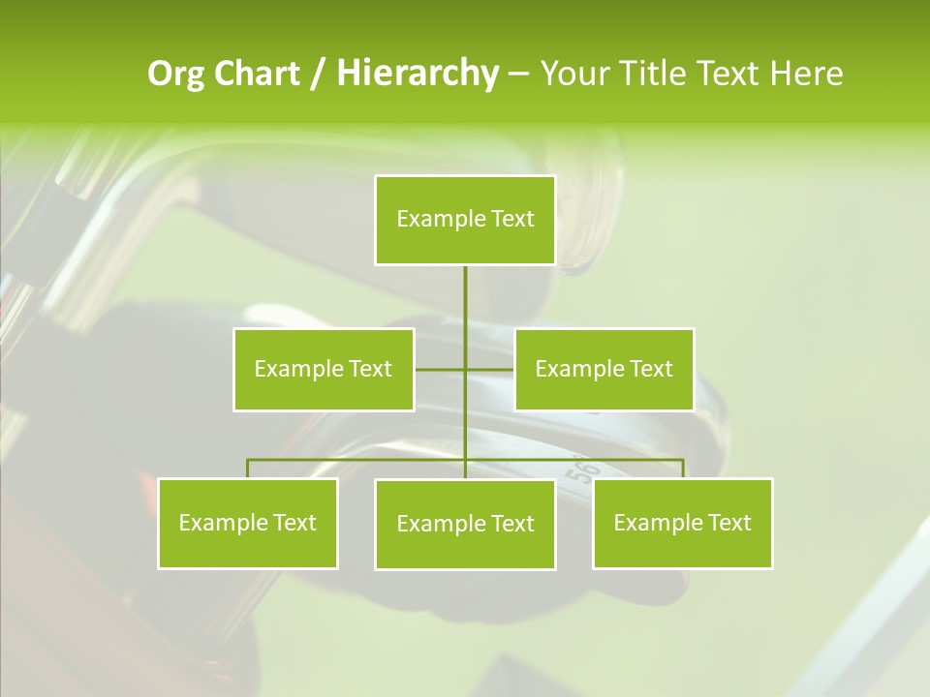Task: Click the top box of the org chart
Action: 465,220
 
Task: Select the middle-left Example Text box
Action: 324,369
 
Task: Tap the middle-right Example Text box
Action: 604,369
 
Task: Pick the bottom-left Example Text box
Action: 248,523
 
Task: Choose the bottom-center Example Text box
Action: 465,524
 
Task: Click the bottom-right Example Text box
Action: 682,523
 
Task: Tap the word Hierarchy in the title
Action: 417,74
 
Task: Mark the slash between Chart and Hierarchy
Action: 318,74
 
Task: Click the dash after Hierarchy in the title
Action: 518,75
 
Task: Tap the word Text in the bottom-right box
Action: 728,523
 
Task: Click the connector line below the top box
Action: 465,300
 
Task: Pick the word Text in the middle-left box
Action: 370,369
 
